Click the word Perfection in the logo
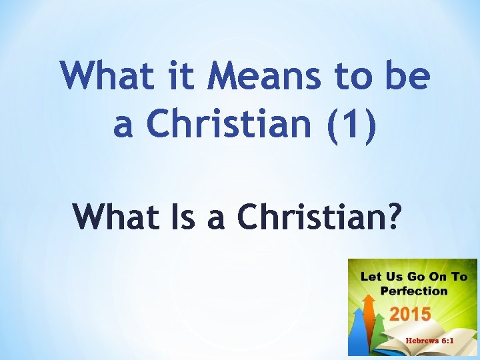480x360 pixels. tap(413, 291)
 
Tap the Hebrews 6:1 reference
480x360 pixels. tap(429, 341)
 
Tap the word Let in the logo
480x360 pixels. tap(370, 276)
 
